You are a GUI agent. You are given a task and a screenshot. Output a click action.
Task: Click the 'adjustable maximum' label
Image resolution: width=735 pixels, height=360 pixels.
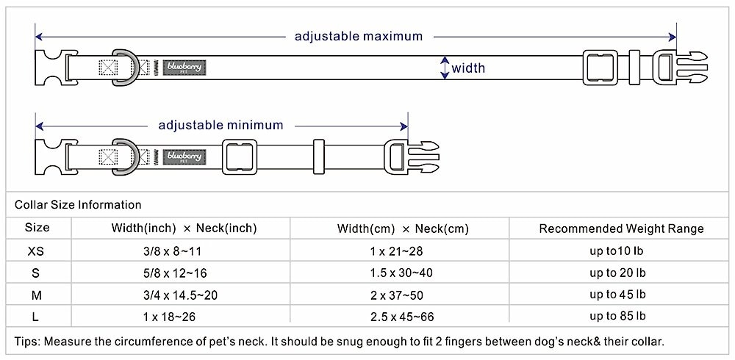point(359,36)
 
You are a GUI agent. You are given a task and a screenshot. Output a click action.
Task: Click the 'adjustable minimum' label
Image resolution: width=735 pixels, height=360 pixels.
point(220,125)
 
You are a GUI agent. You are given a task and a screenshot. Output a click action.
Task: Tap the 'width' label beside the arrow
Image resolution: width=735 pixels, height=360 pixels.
point(468,68)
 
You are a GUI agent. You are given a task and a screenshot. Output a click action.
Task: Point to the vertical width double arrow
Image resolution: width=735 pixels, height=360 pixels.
point(444,68)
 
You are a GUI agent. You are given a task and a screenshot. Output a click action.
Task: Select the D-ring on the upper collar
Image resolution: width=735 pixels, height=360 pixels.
point(123,68)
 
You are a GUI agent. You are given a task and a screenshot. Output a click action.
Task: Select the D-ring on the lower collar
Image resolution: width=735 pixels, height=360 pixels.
point(123,156)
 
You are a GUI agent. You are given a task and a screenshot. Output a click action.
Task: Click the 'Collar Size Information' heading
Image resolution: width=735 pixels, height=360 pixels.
point(78,205)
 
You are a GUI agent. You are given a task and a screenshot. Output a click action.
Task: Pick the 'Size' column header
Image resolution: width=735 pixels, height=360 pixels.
point(37,228)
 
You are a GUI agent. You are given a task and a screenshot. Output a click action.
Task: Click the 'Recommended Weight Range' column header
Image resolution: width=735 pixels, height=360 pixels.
point(621,228)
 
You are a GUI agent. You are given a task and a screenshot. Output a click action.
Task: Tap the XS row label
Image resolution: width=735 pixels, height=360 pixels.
point(36,251)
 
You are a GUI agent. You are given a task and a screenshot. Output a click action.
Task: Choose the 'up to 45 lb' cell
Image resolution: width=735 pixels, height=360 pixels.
point(617,295)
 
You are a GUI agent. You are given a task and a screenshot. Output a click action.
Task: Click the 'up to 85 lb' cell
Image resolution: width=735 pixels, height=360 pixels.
point(617,317)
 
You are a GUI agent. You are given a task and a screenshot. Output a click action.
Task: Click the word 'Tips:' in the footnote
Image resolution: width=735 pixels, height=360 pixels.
point(27,342)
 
